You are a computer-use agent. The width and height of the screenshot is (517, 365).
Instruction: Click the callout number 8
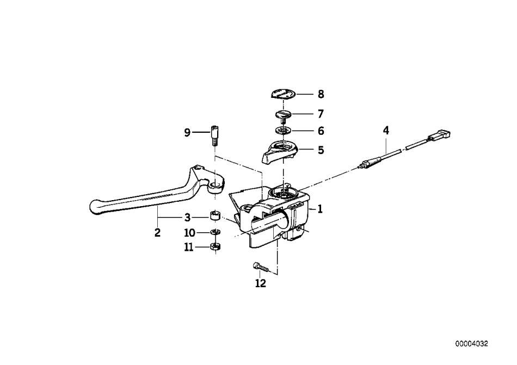pos(321,94)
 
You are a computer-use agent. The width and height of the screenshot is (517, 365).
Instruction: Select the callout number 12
pos(261,283)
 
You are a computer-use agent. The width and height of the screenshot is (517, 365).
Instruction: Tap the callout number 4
pos(386,131)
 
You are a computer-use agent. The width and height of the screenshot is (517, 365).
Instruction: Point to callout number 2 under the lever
pos(157,233)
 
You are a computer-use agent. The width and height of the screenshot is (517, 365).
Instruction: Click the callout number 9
pos(187,133)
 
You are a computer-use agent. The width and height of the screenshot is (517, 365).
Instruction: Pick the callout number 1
pos(320,209)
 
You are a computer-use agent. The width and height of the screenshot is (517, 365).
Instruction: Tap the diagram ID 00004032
pos(471,344)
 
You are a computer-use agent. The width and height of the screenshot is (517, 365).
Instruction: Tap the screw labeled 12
pos(261,268)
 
